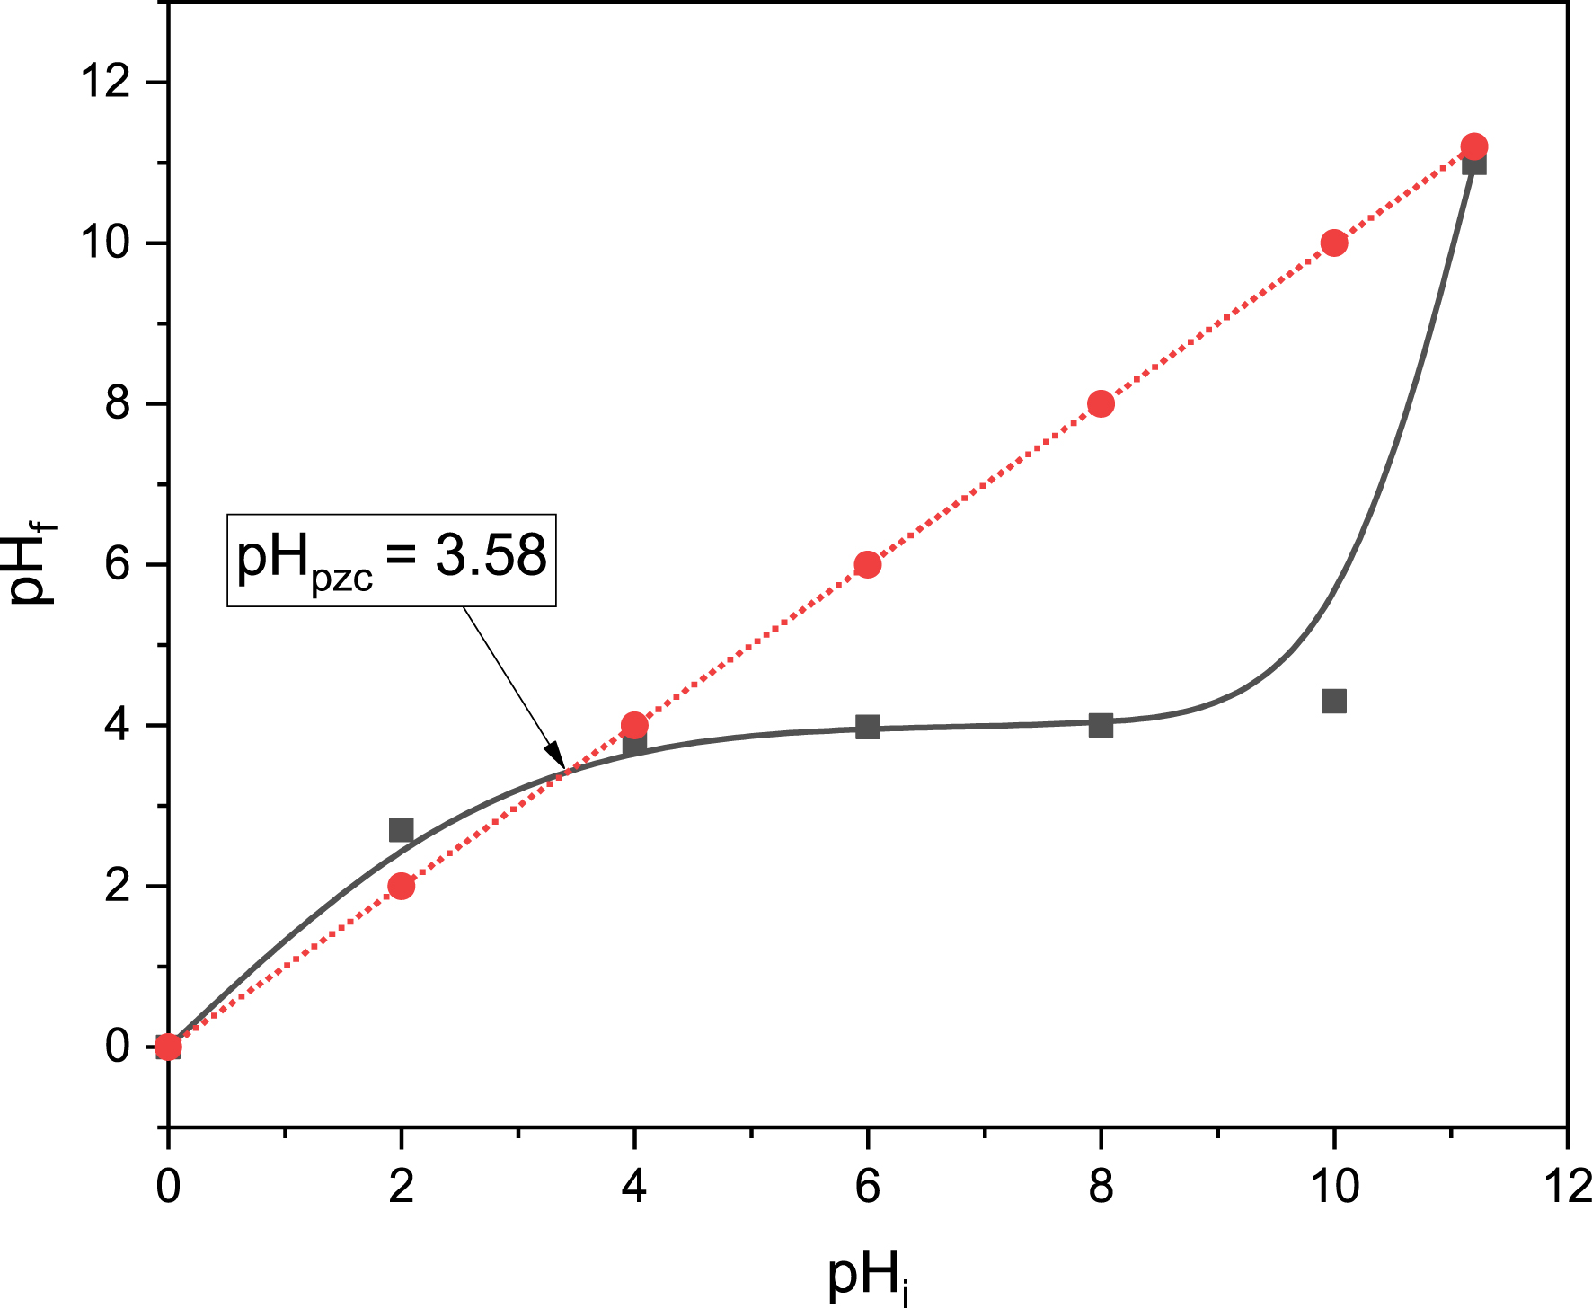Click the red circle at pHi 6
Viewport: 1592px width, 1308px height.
[867, 565]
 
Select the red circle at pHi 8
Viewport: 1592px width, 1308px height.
[1101, 404]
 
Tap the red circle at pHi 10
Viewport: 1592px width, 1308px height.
[1334, 243]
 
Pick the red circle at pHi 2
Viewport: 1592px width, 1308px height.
[402, 887]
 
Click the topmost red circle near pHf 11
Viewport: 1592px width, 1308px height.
[1474, 146]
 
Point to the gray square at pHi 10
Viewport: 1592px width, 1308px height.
[1334, 701]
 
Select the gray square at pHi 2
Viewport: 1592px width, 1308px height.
[401, 829]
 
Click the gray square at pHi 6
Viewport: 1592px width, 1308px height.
[867, 727]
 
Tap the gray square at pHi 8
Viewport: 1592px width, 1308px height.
[1101, 725]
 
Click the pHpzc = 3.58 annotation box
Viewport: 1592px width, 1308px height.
[392, 560]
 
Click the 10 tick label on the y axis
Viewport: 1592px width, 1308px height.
[106, 243]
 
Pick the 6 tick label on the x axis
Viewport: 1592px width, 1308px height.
[867, 1188]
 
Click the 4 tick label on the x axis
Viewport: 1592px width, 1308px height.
[634, 1188]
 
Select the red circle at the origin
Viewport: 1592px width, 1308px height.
[168, 1047]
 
